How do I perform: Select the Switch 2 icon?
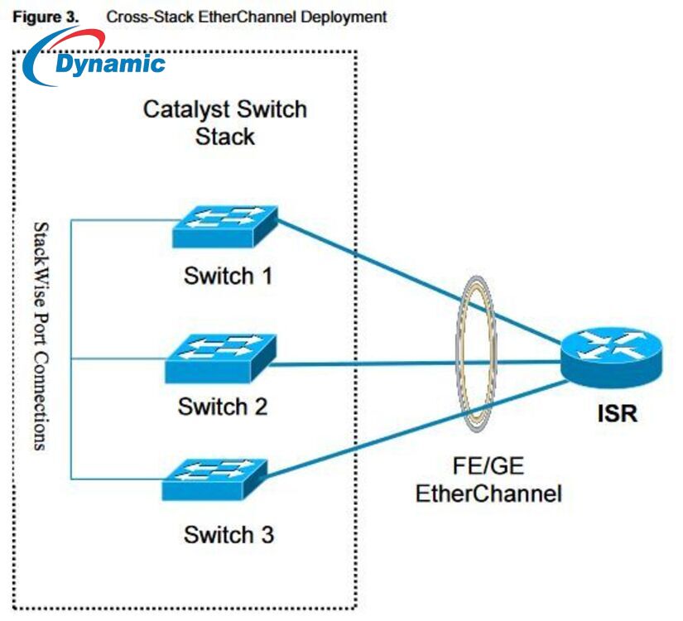(220, 358)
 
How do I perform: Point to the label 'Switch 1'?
(228, 276)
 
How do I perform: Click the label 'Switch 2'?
(223, 407)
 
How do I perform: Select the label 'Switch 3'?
(228, 535)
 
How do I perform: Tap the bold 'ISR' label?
(618, 413)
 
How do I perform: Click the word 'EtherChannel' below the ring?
(488, 494)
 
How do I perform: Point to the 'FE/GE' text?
(489, 467)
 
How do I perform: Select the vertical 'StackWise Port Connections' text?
(39, 336)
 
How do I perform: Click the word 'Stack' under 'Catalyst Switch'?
(224, 137)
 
